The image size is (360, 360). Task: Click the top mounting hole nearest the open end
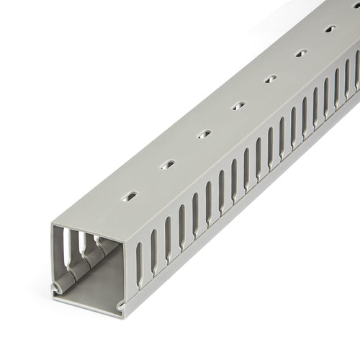point(130,196)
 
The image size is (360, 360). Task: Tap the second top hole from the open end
point(167,165)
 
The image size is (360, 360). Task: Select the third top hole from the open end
point(204,135)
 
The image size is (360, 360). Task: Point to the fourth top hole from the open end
point(238,105)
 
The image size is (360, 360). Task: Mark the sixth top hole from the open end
point(301,53)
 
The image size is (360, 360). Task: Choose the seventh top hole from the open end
point(330,30)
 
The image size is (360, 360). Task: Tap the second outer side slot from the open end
point(153,248)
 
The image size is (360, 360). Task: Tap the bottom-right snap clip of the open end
point(120,308)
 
